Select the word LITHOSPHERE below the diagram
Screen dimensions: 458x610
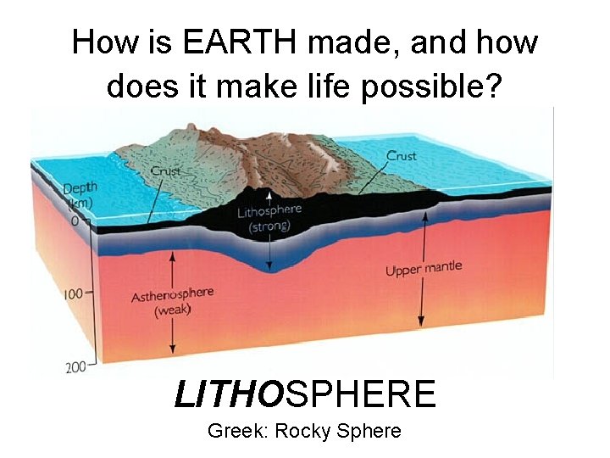(305, 394)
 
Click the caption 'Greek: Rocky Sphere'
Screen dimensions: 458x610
(304, 431)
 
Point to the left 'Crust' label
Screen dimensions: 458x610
(166, 171)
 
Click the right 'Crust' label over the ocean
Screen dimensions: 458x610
(401, 156)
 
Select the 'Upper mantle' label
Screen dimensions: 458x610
(424, 269)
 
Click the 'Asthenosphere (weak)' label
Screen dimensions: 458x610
(173, 301)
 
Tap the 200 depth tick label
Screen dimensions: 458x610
(75, 367)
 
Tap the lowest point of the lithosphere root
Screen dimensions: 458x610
(270, 271)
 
